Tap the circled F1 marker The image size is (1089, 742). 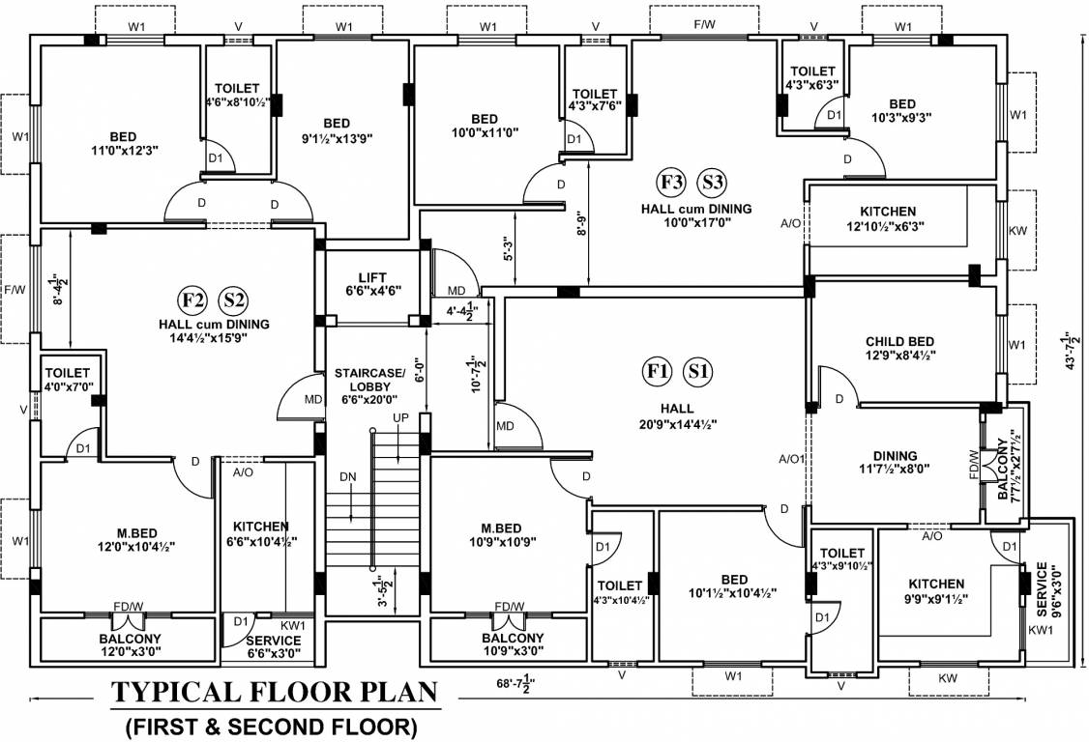tap(658, 370)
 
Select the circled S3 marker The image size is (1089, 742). tap(713, 181)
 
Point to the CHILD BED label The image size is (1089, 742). tap(899, 342)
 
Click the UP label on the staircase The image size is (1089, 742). tap(400, 417)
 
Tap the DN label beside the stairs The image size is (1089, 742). tap(347, 476)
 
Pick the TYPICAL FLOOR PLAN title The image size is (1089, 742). tap(273, 693)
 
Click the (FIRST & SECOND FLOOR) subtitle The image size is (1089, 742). tap(272, 725)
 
